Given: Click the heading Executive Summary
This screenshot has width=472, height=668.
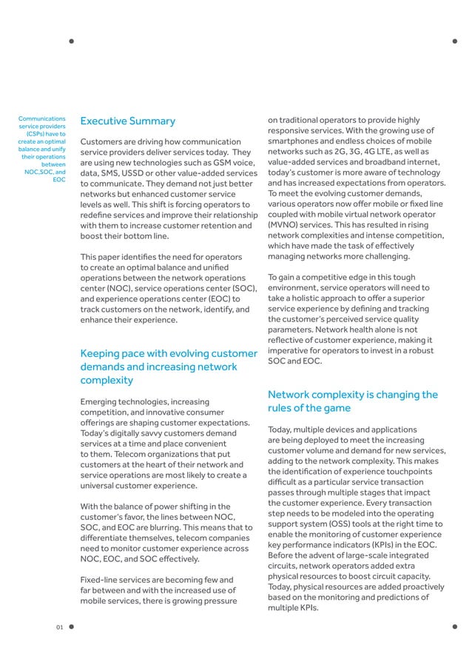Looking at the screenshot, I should pyautogui.click(x=127, y=121).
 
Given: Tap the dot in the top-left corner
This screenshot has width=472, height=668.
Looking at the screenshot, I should pyautogui.click(x=72, y=41).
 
